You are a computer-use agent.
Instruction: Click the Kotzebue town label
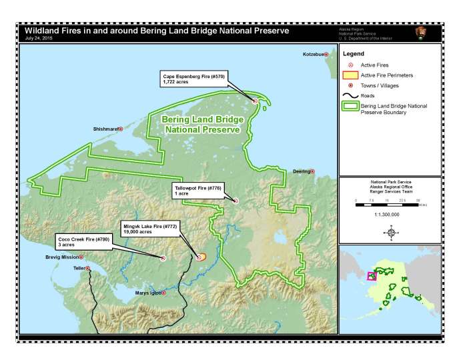pyautogui.click(x=312, y=53)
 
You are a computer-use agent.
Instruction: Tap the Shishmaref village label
pyautogui.click(x=105, y=129)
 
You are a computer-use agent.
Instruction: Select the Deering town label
pyautogui.click(x=301, y=171)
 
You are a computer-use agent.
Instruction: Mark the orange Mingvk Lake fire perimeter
pyautogui.click(x=201, y=255)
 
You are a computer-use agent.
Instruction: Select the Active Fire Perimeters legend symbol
pyautogui.click(x=350, y=75)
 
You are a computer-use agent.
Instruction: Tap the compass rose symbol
pyautogui.click(x=391, y=231)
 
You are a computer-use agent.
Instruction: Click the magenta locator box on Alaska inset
pyautogui.click(x=372, y=275)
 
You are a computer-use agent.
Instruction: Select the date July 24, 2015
pyautogui.click(x=38, y=38)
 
